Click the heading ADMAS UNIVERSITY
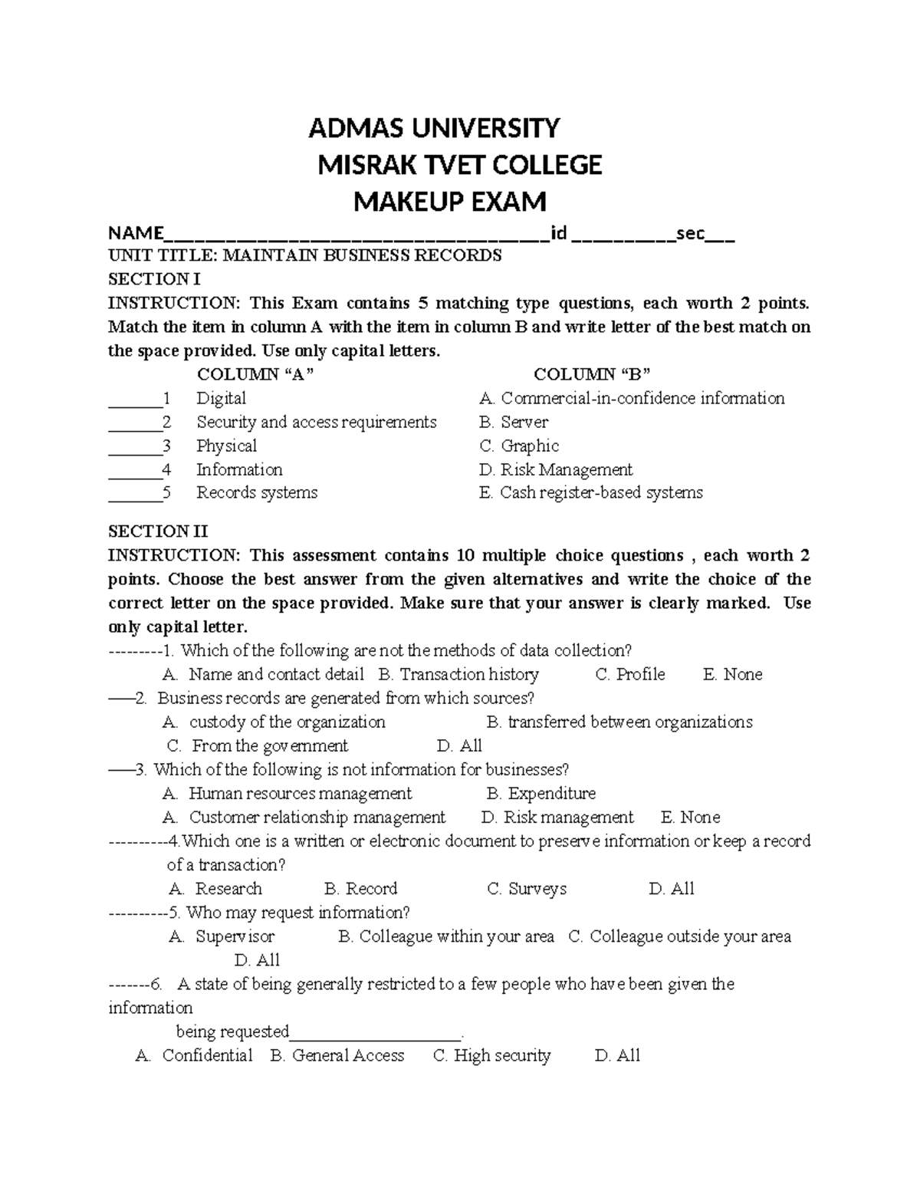point(434,128)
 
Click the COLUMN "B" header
point(592,374)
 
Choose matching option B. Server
point(514,422)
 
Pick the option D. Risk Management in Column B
point(556,469)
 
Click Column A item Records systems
point(257,492)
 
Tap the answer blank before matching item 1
point(135,400)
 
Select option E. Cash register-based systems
point(590,492)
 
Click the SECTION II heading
point(158,531)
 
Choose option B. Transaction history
point(458,674)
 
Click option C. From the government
point(258,745)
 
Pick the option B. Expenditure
point(541,793)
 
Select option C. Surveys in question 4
point(527,888)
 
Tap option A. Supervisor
point(222,936)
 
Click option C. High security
point(492,1055)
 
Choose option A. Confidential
point(194,1055)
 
